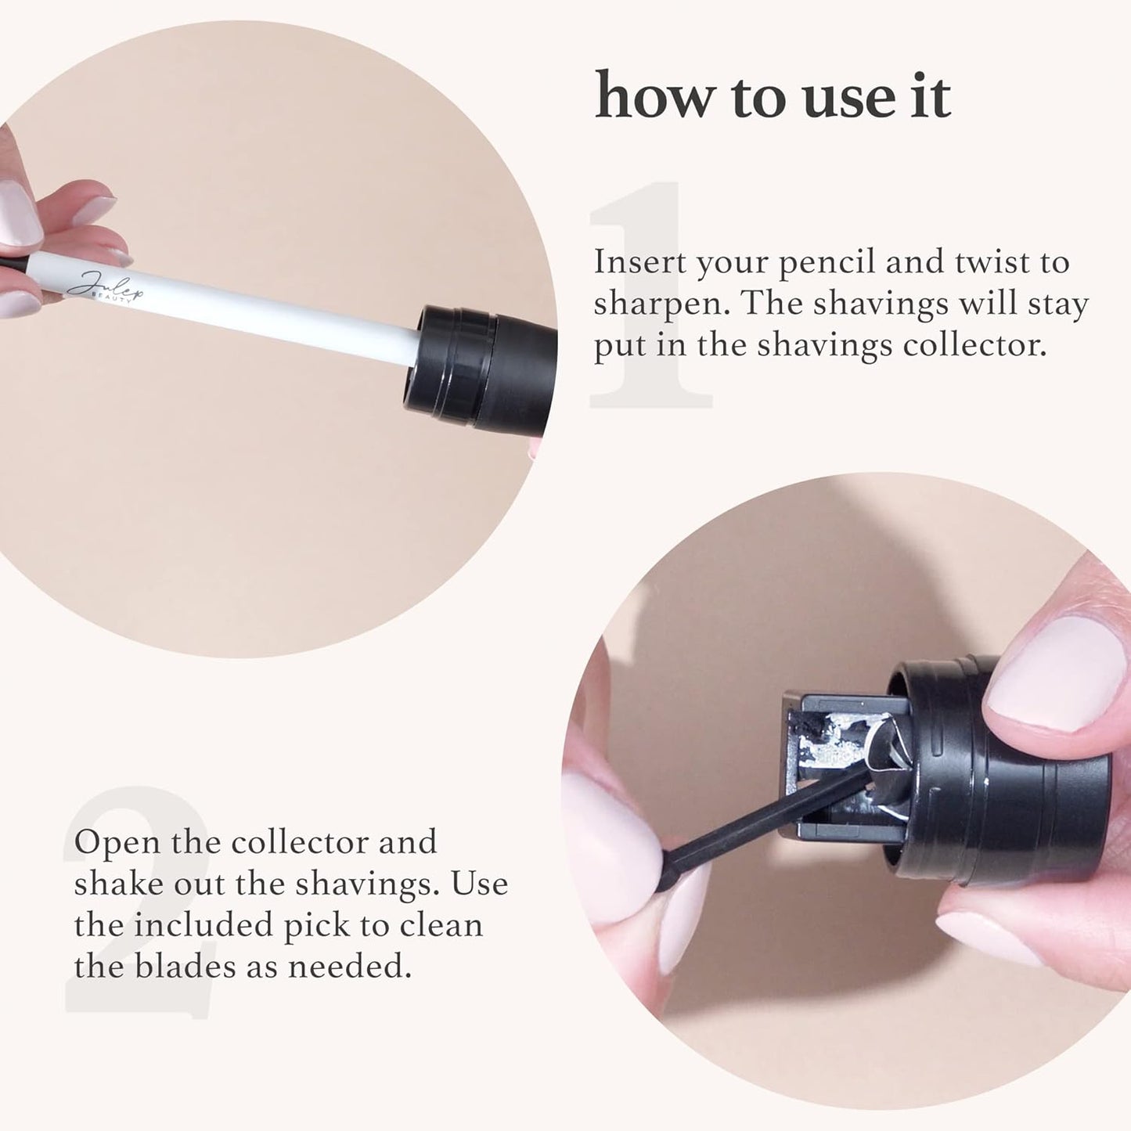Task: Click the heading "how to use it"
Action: (x=773, y=96)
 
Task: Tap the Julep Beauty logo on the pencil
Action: (x=106, y=286)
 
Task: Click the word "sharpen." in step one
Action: (x=661, y=304)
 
